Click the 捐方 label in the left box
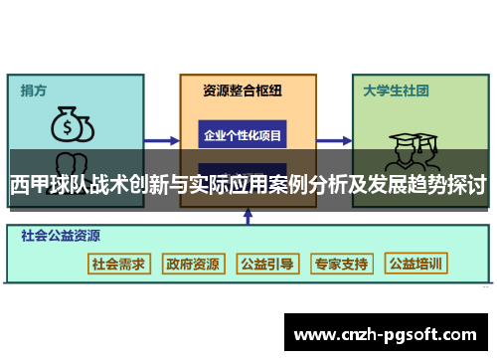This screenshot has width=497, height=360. pos(34,90)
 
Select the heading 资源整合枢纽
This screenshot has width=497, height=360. pos(243,90)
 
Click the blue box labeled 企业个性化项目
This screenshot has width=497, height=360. pos(243,134)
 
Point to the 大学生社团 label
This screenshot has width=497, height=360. pos(396,90)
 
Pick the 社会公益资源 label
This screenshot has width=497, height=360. pos(61,237)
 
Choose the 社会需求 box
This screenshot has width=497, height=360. pos(119,264)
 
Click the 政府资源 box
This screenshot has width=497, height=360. pos(193,264)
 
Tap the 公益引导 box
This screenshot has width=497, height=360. pos(266,264)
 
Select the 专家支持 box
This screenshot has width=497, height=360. pos(341,264)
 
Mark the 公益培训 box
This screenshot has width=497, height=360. pos(415,264)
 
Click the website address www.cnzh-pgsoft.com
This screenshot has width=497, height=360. pos(389,334)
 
